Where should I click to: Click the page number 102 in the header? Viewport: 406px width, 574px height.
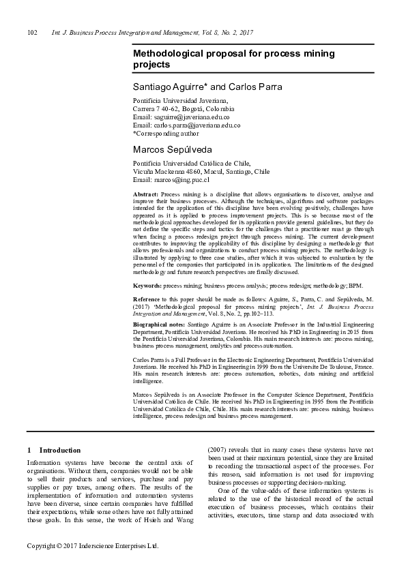31,32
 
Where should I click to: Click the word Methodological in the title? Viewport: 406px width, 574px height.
169,53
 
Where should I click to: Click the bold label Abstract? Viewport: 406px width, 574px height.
145,195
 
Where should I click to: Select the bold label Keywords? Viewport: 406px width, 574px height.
147,286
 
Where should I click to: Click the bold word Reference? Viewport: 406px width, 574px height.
147,300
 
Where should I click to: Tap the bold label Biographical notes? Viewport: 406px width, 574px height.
159,325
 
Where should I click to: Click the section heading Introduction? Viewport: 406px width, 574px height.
60,450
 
